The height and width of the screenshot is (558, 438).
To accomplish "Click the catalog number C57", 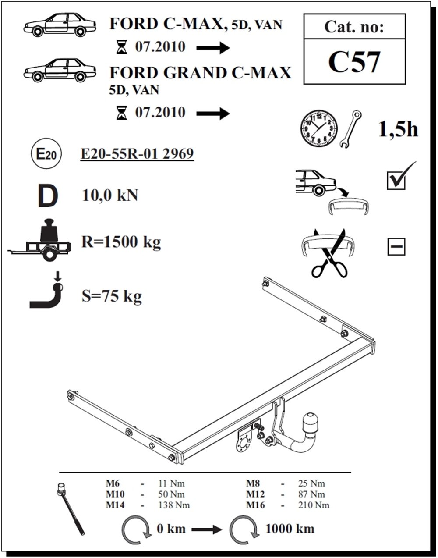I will (x=354, y=62).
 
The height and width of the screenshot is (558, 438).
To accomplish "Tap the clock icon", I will (x=319, y=128).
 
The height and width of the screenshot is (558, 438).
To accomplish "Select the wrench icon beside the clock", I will (x=351, y=128).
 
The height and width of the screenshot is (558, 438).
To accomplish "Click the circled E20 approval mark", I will (x=46, y=154).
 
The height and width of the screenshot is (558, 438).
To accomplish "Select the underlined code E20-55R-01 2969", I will (x=138, y=154).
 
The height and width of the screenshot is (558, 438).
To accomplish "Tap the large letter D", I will (x=47, y=196).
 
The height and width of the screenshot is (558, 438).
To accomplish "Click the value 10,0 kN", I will (x=110, y=195).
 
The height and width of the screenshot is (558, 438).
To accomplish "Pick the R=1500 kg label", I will (x=121, y=242).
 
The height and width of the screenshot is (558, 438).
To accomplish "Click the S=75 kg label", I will (x=112, y=296).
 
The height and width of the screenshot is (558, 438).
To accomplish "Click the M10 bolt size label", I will (x=115, y=494).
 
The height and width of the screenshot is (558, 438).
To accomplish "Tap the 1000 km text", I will (x=290, y=528).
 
